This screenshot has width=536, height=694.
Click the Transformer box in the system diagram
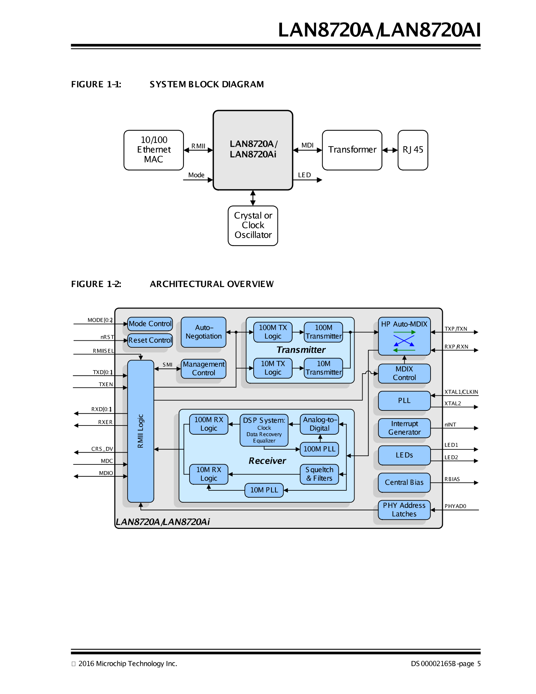352,150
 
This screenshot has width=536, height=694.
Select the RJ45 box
413,150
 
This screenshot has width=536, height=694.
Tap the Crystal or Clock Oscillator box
253,225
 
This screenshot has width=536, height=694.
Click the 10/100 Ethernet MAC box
153,150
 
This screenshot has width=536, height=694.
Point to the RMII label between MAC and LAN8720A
198,146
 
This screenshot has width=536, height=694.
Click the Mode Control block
150,324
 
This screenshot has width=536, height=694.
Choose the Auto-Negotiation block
204,332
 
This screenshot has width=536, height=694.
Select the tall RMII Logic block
140,431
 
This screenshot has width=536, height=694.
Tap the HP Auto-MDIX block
404,336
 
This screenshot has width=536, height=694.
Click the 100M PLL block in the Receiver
319,449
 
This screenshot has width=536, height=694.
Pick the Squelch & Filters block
319,474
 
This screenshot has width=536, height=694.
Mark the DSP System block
264,430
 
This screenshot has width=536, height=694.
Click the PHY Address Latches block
404,510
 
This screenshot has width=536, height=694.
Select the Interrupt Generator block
404,428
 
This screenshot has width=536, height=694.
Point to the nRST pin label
107,337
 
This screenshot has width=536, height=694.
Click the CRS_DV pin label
102,449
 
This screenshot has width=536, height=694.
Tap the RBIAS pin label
452,479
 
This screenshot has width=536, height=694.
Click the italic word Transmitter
301,350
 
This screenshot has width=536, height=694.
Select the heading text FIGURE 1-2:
96,284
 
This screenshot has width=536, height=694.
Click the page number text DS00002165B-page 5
446,664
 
